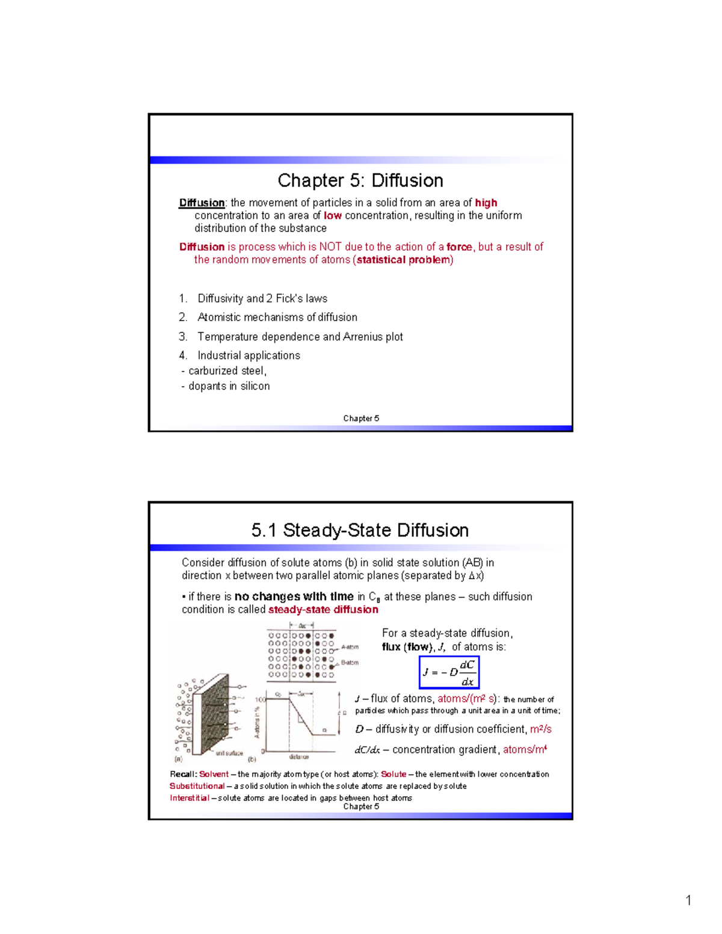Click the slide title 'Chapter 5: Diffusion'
tap(360, 180)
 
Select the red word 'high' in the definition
tap(486, 203)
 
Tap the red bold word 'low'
tap(332, 215)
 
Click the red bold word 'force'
tap(458, 247)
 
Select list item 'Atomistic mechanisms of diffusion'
tap(277, 317)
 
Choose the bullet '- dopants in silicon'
tap(226, 386)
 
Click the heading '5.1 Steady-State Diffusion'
tap(360, 530)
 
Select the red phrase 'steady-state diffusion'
tap(323, 609)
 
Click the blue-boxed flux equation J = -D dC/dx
tap(449, 672)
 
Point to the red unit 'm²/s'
tap(540, 729)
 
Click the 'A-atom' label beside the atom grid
tap(350, 647)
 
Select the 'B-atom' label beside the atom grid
tap(350, 663)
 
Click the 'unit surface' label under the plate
tap(229, 753)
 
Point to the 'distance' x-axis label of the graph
tap(299, 757)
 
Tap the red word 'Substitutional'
tap(197, 786)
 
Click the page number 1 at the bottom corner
tap(688, 900)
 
